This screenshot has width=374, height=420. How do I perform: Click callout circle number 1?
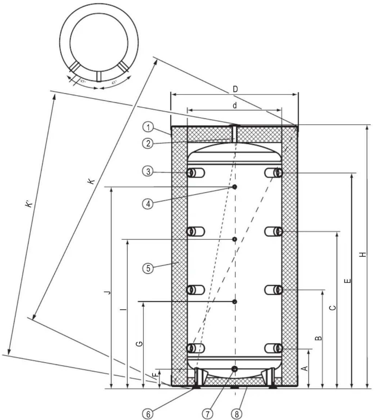pos(148,127)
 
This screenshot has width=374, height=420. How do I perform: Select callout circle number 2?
pos(148,143)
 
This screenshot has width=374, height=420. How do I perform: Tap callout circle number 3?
pos(148,172)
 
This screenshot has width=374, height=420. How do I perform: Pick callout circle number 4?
pos(148,204)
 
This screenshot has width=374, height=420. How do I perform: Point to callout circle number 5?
pos(148,268)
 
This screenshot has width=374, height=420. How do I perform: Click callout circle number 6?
pos(148,414)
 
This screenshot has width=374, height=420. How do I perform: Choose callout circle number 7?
pos(207,414)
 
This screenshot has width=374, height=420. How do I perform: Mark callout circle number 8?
pos(236,414)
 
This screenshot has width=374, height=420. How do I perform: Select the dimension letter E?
pos(348,281)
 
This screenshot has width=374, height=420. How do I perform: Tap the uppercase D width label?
pos(235,89)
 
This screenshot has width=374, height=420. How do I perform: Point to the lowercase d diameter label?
pos(235,105)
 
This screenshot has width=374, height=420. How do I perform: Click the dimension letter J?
pos(108,292)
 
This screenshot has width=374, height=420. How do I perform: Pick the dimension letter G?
pos(139,344)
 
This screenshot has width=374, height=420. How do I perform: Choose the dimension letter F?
pos(154,375)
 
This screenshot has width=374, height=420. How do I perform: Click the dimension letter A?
pos(305,368)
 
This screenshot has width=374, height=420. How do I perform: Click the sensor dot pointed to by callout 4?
pos(235,187)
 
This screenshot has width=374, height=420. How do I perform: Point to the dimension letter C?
pos(332,308)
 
